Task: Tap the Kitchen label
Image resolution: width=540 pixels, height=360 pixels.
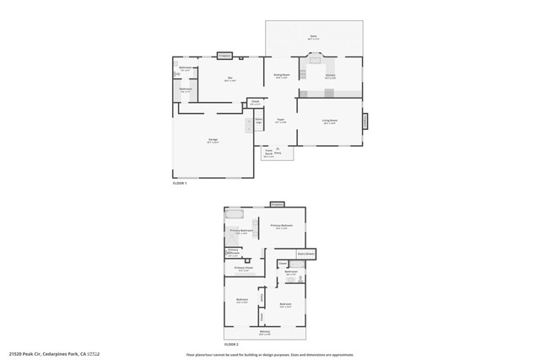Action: [x=330, y=77]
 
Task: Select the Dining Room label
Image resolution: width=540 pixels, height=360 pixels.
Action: [x=281, y=76]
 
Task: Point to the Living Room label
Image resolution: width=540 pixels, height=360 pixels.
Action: [x=329, y=121]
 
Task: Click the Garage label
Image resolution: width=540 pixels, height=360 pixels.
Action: [x=213, y=141]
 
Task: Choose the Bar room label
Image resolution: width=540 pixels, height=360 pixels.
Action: [x=229, y=79]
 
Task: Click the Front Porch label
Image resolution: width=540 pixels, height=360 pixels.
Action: [x=268, y=154]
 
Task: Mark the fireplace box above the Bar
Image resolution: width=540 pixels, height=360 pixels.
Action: [x=224, y=56]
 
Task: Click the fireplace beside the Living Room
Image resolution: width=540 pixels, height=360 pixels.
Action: [x=365, y=121]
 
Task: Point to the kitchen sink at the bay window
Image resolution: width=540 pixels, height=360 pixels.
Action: [x=316, y=60]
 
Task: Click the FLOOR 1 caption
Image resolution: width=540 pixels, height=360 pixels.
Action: [x=180, y=183]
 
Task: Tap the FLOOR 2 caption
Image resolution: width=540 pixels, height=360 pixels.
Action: [x=231, y=345]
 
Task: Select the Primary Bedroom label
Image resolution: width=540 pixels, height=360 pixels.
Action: [x=281, y=226]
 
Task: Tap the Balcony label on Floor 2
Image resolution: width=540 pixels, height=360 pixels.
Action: [x=265, y=333]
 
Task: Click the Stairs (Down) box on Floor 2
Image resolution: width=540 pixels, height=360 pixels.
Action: [x=305, y=253]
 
